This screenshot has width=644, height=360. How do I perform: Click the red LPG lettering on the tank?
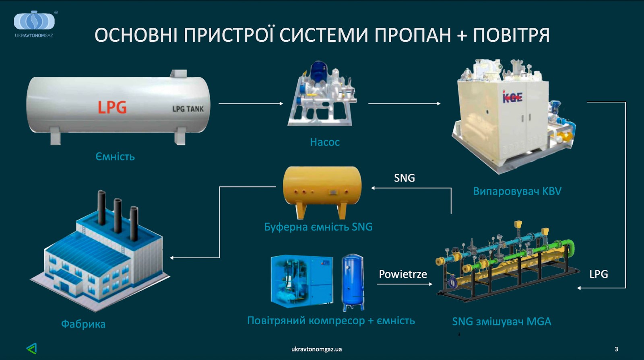coord(112,107)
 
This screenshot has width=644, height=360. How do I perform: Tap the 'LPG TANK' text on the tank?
coord(188,109)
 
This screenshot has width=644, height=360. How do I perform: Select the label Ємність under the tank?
coord(115,156)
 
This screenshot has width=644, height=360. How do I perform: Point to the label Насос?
coord(324,142)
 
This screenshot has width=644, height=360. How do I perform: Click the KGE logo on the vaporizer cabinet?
coord(512,97)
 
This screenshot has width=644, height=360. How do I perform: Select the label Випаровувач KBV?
coord(517,191)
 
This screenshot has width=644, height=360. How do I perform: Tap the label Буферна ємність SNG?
coord(318,227)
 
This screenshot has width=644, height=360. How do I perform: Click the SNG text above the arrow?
coord(404,178)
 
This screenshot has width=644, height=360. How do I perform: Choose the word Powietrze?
coord(402,274)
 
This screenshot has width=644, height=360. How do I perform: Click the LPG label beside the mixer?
coord(598,274)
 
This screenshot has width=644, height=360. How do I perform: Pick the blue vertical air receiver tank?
coord(353,282)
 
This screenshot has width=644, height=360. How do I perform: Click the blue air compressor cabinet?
coord(301,280)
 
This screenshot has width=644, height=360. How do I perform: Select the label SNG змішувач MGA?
coord(501,321)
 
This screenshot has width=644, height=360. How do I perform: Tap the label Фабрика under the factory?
coord(83,324)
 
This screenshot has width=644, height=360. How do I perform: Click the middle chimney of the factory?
coord(118,215)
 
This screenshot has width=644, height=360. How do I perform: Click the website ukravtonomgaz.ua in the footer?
coord(316,349)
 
